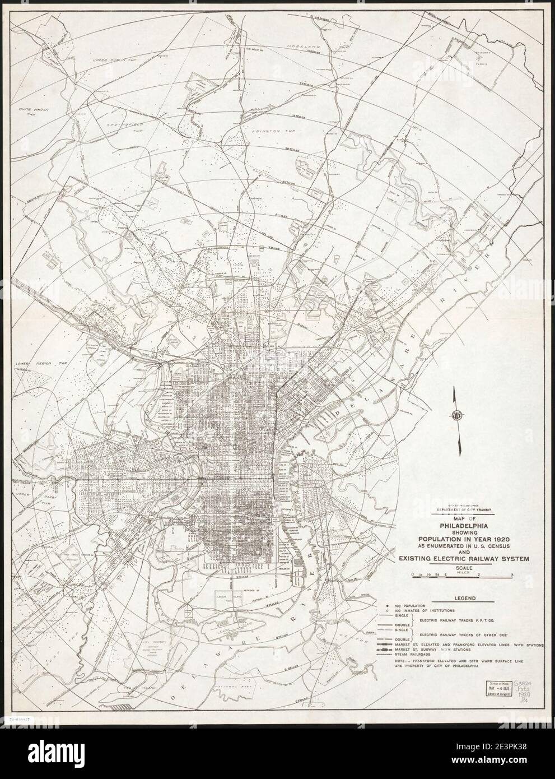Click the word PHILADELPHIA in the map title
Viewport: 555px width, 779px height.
pos(458,525)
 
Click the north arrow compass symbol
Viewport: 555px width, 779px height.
pos(456,416)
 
